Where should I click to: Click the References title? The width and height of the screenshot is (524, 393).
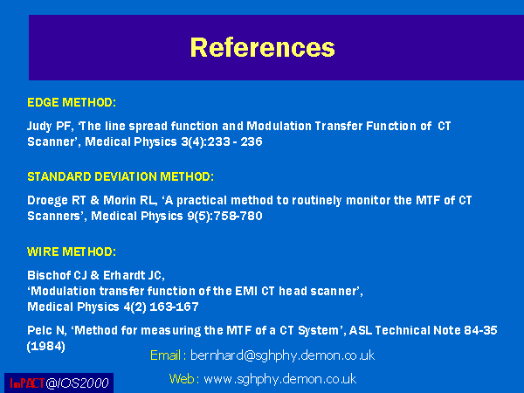[x=262, y=47]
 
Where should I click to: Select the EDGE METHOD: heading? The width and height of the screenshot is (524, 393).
[x=72, y=102]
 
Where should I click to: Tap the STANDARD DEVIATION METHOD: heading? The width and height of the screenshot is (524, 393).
[x=121, y=176]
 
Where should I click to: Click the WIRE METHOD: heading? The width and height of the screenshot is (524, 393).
[x=72, y=252]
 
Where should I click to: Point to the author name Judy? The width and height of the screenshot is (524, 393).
[x=39, y=127]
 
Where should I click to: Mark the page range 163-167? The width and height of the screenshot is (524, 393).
[x=174, y=307]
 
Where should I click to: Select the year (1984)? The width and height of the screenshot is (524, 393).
[x=45, y=346]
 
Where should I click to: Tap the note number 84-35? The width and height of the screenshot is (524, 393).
[x=480, y=330]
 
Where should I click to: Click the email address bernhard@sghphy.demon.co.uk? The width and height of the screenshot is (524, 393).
[x=282, y=355]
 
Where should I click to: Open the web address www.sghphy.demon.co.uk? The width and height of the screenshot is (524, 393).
[x=280, y=379]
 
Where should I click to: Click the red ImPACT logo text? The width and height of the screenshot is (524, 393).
[x=27, y=383]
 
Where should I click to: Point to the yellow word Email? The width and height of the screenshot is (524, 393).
[x=165, y=355]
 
